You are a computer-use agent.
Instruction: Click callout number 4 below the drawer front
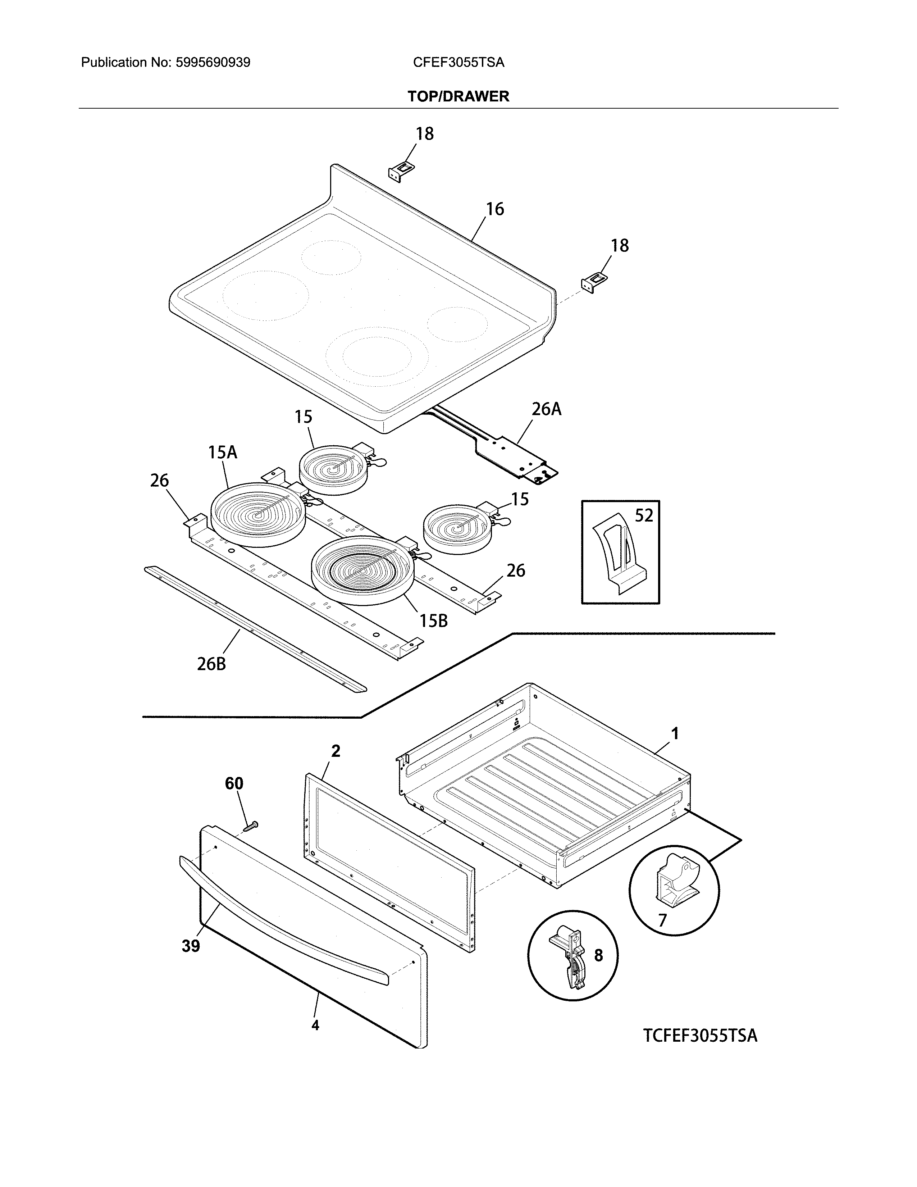pos(315,1025)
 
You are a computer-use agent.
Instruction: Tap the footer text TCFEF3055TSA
pos(700,1035)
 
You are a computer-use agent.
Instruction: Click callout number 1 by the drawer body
pos(674,734)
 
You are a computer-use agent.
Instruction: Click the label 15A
pos(222,452)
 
